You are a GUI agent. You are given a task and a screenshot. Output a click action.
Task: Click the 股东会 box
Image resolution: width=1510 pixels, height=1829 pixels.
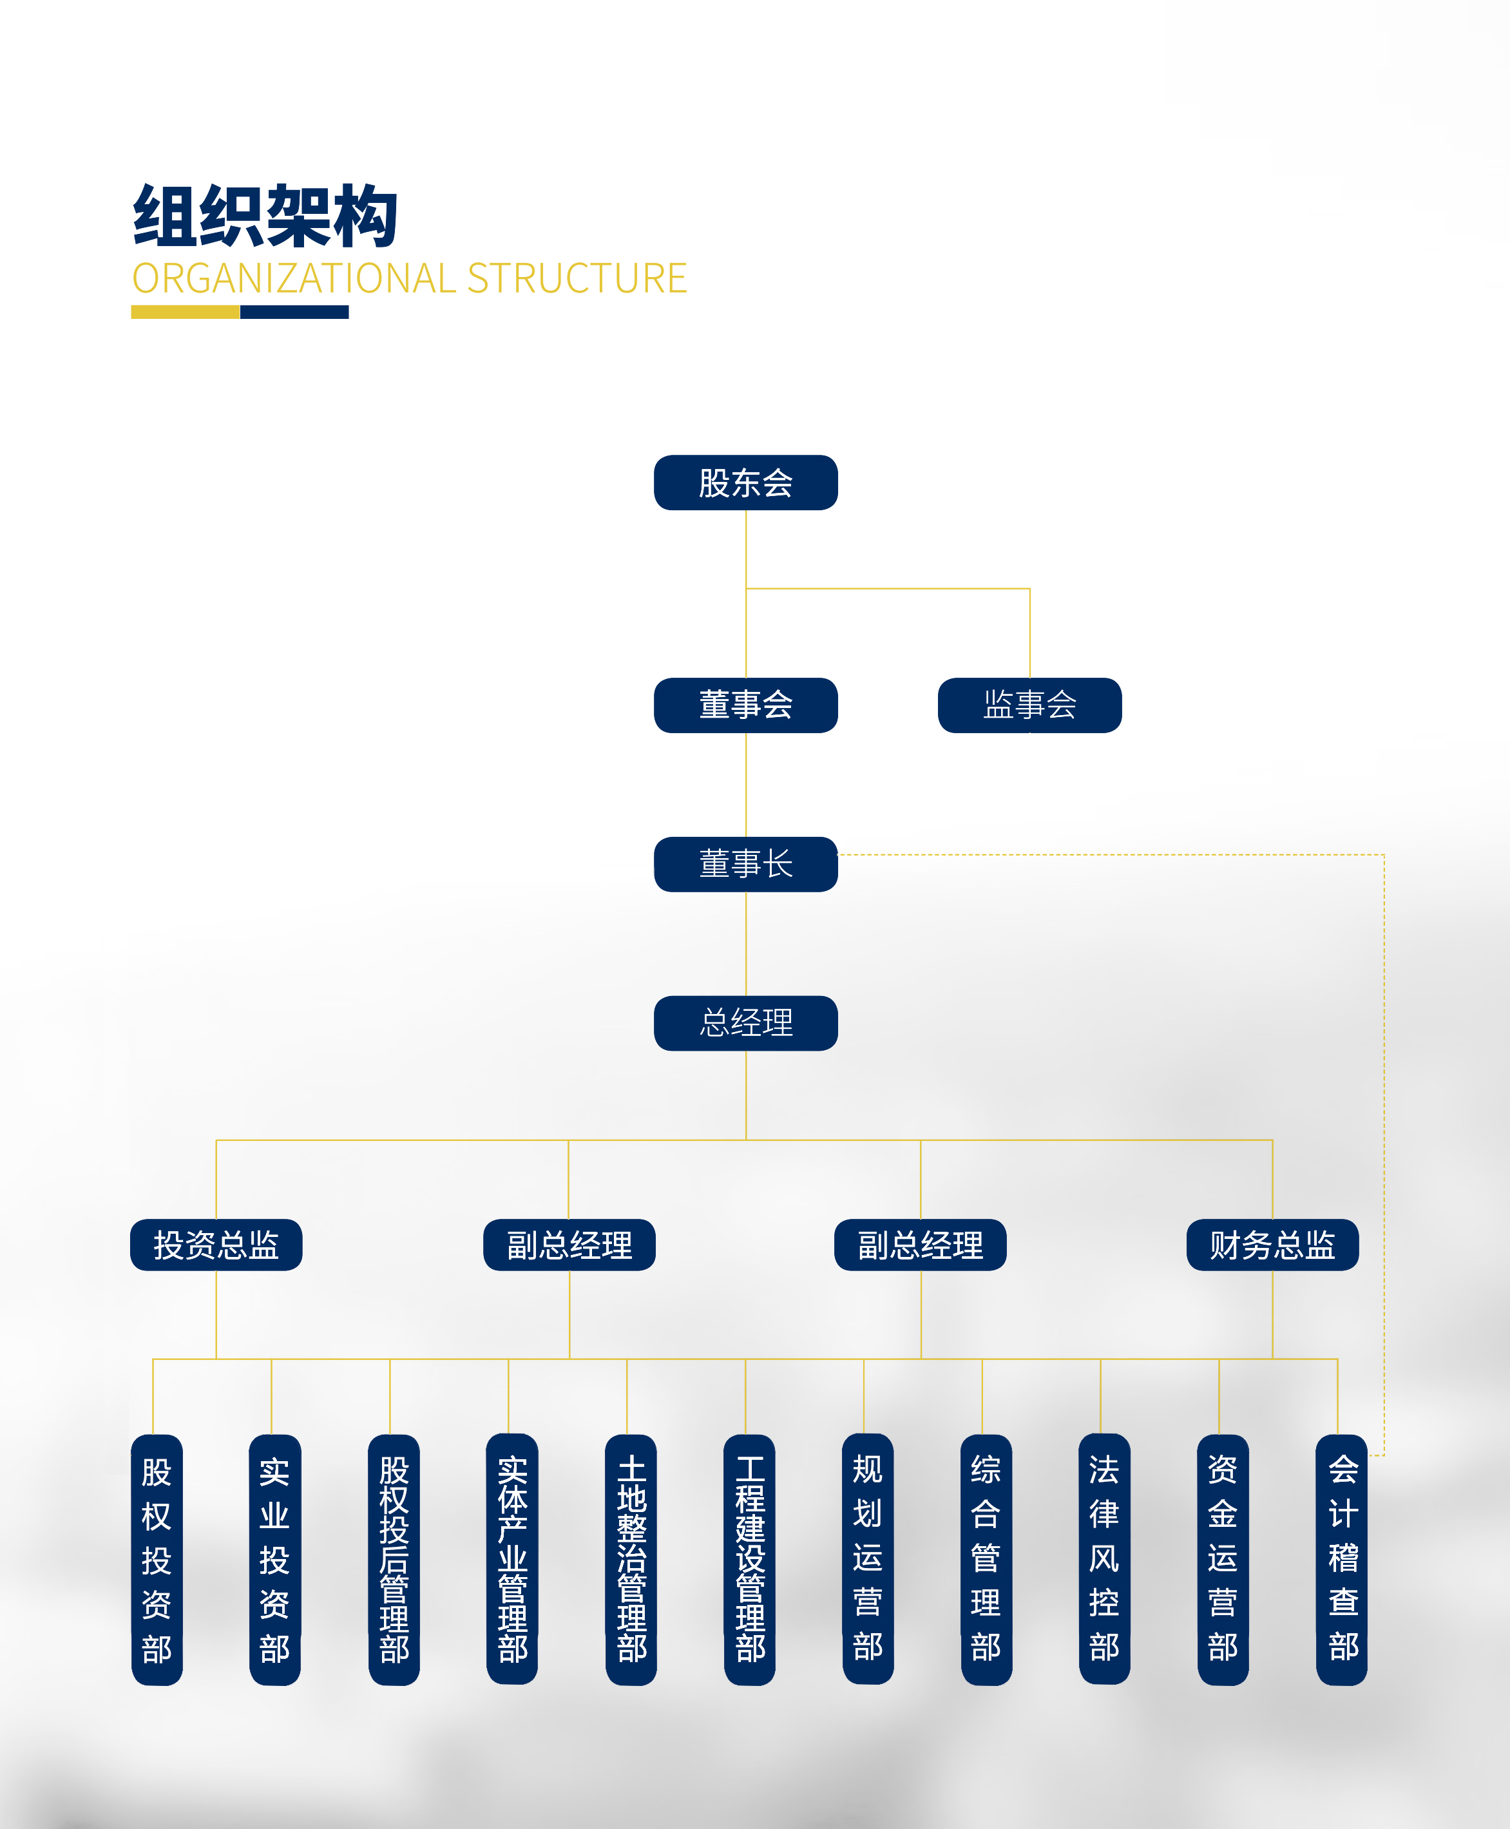(x=745, y=483)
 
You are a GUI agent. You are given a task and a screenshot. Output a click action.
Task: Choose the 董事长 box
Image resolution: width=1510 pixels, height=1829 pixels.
(x=745, y=864)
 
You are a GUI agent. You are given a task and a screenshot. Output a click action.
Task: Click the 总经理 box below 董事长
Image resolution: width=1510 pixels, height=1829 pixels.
(x=745, y=1023)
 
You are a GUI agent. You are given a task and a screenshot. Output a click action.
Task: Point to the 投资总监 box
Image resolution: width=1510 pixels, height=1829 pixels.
(x=216, y=1245)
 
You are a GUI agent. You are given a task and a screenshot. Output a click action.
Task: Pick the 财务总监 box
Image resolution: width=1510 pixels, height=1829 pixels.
(x=1272, y=1245)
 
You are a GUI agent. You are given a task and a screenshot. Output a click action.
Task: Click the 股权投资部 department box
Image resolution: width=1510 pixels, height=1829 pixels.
(x=157, y=1560)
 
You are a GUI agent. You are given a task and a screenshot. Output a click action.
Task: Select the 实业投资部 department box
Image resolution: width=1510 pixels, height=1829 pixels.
(x=275, y=1560)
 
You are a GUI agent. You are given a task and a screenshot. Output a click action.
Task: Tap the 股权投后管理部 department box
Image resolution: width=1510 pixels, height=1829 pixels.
(x=394, y=1560)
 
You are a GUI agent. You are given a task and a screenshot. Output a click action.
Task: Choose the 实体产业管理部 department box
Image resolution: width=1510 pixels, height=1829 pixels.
(x=512, y=1560)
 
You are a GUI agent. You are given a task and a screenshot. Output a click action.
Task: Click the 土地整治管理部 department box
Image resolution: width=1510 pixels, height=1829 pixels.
(x=631, y=1560)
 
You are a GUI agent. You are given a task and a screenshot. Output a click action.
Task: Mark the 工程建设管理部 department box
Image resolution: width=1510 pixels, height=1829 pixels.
(x=750, y=1560)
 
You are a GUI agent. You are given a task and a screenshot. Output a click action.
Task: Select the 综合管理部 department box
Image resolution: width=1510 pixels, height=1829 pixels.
(x=986, y=1560)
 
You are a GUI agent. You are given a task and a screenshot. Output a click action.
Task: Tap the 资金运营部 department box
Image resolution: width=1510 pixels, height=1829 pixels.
(x=1223, y=1560)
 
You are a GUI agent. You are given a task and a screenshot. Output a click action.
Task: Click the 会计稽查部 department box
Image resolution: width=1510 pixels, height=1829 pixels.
(x=1342, y=1560)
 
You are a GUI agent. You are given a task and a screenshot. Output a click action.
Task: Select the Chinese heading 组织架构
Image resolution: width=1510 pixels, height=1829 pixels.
(x=265, y=216)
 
